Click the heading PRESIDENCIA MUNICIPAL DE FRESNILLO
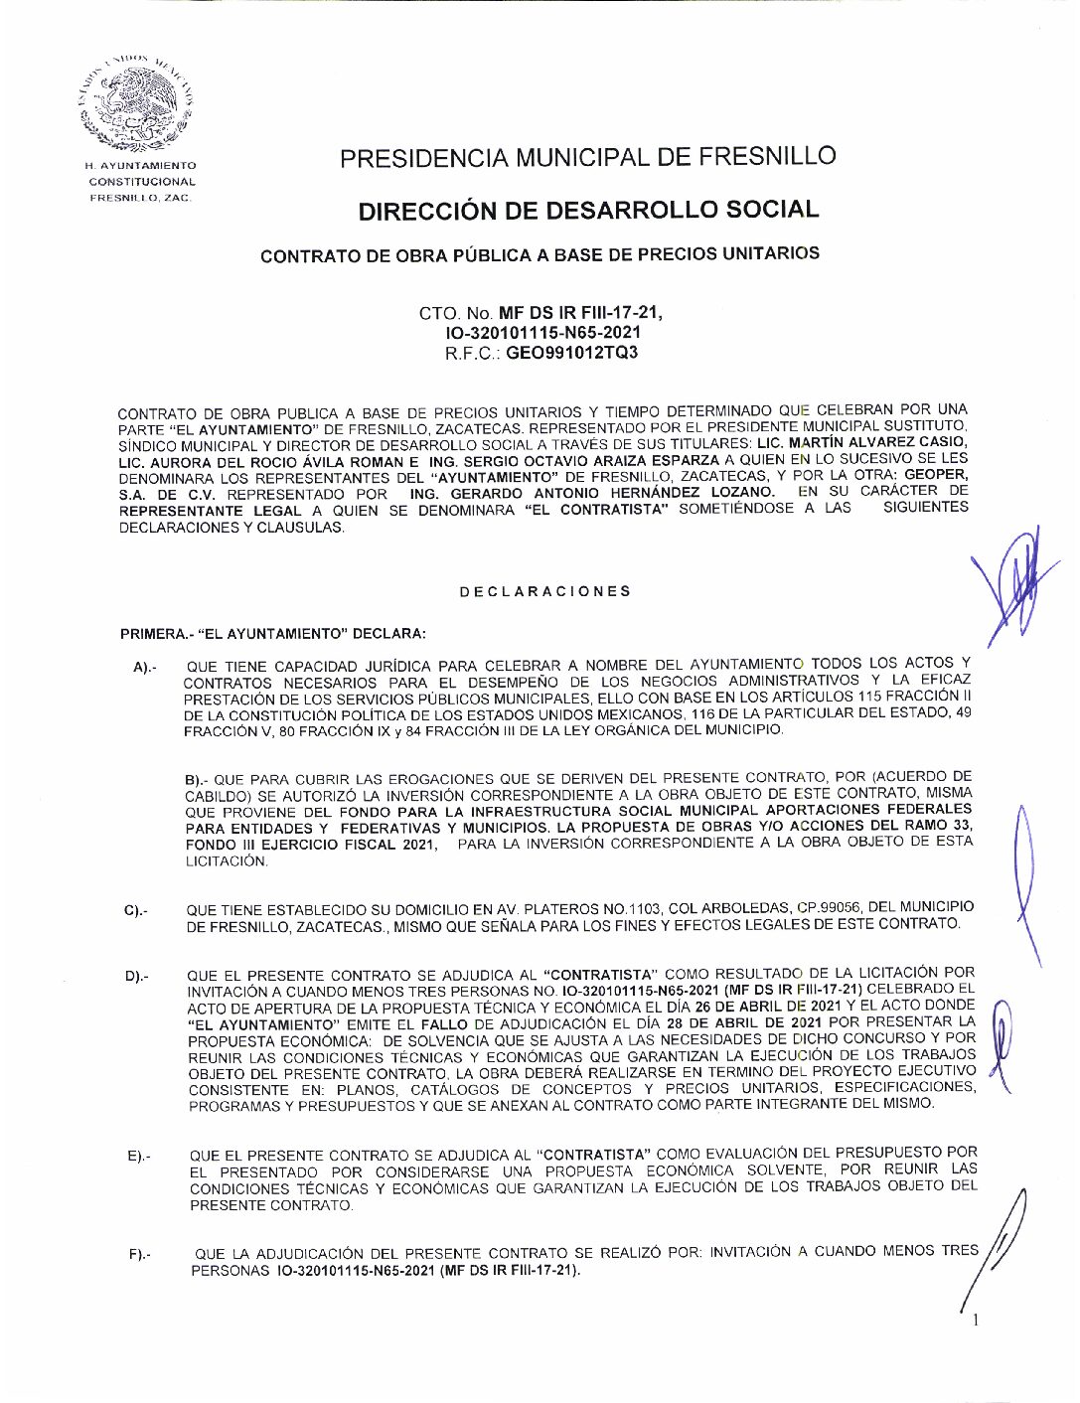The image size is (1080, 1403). (x=587, y=157)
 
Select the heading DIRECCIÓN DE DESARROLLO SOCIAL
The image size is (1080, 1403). (x=588, y=211)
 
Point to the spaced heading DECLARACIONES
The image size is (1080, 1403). (x=544, y=591)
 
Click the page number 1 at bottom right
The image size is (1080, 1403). (x=977, y=1321)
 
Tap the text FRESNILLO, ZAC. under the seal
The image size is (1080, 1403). (x=140, y=198)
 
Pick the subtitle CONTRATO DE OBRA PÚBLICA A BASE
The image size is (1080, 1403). (x=540, y=254)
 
